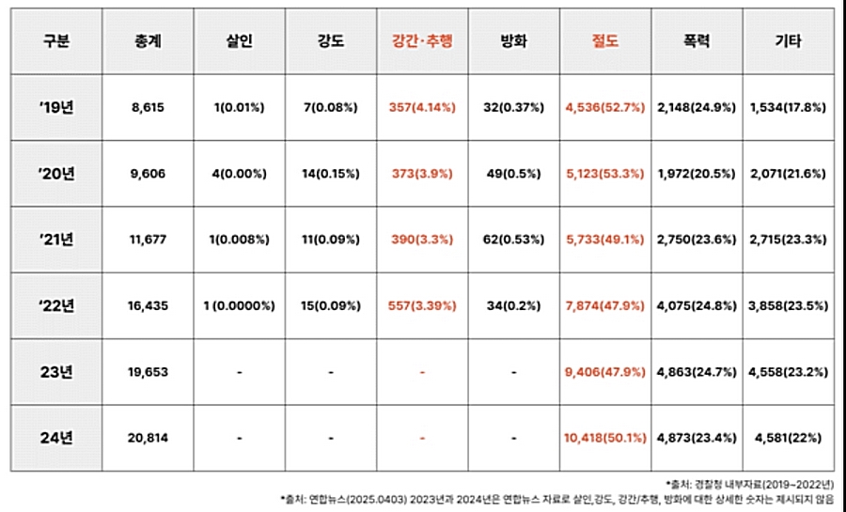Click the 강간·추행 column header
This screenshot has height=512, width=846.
click(x=422, y=41)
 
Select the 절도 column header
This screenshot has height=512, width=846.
click(x=605, y=41)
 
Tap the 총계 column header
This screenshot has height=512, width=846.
click(x=148, y=41)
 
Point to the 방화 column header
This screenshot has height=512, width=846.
click(x=513, y=41)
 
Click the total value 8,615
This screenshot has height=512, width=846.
click(x=148, y=108)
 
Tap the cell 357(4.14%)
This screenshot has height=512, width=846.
click(x=422, y=108)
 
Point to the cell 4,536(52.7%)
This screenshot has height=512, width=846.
click(x=605, y=108)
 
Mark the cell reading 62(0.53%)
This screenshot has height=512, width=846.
click(x=513, y=240)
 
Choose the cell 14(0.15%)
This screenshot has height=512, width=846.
click(x=330, y=174)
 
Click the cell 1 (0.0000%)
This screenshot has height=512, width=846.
click(x=239, y=306)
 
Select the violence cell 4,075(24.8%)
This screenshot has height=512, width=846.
click(x=697, y=306)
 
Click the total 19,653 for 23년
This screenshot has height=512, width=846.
click(x=148, y=372)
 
